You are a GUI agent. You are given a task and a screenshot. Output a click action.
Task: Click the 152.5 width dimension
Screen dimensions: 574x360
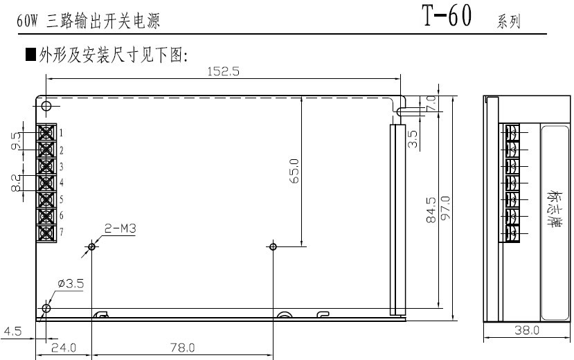click(x=224, y=71)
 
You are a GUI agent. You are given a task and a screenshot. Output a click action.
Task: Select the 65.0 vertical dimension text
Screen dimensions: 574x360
click(x=294, y=171)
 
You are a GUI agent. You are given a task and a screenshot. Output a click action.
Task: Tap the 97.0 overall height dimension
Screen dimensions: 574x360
click(x=445, y=208)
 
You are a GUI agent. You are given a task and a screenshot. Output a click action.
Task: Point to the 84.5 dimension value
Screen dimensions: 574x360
click(x=431, y=210)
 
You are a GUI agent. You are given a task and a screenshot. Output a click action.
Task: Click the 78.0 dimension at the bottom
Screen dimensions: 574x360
click(x=182, y=348)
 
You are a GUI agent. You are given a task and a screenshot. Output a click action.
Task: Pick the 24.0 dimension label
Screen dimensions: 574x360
click(x=64, y=348)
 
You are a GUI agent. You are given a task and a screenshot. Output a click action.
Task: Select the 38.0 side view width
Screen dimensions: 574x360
click(x=527, y=330)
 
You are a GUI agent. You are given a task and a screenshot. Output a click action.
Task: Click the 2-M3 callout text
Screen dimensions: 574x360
click(x=120, y=228)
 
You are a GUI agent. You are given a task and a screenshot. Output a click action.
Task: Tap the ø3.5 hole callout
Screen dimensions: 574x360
click(x=71, y=284)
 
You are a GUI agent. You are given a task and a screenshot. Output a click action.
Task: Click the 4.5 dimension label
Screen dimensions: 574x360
click(x=13, y=332)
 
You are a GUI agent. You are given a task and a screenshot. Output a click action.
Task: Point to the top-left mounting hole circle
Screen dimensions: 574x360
click(x=46, y=106)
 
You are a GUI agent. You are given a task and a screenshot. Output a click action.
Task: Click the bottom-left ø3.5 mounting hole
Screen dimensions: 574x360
click(x=46, y=308)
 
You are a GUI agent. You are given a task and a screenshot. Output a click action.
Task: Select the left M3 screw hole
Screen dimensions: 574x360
click(x=91, y=246)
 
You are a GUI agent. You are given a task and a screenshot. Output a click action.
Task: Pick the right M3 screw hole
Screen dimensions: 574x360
click(x=273, y=246)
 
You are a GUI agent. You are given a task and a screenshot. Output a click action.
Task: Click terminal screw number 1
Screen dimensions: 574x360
click(x=46, y=132)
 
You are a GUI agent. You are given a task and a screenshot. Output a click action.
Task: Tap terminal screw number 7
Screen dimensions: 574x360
click(x=46, y=233)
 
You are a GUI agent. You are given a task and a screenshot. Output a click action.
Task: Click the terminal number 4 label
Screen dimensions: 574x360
click(x=62, y=182)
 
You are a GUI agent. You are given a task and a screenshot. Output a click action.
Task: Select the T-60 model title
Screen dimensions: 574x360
click(x=447, y=15)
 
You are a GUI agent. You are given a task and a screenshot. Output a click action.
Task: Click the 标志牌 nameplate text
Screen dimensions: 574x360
click(x=553, y=208)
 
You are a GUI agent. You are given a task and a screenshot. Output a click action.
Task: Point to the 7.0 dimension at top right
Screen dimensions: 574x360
click(x=431, y=104)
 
